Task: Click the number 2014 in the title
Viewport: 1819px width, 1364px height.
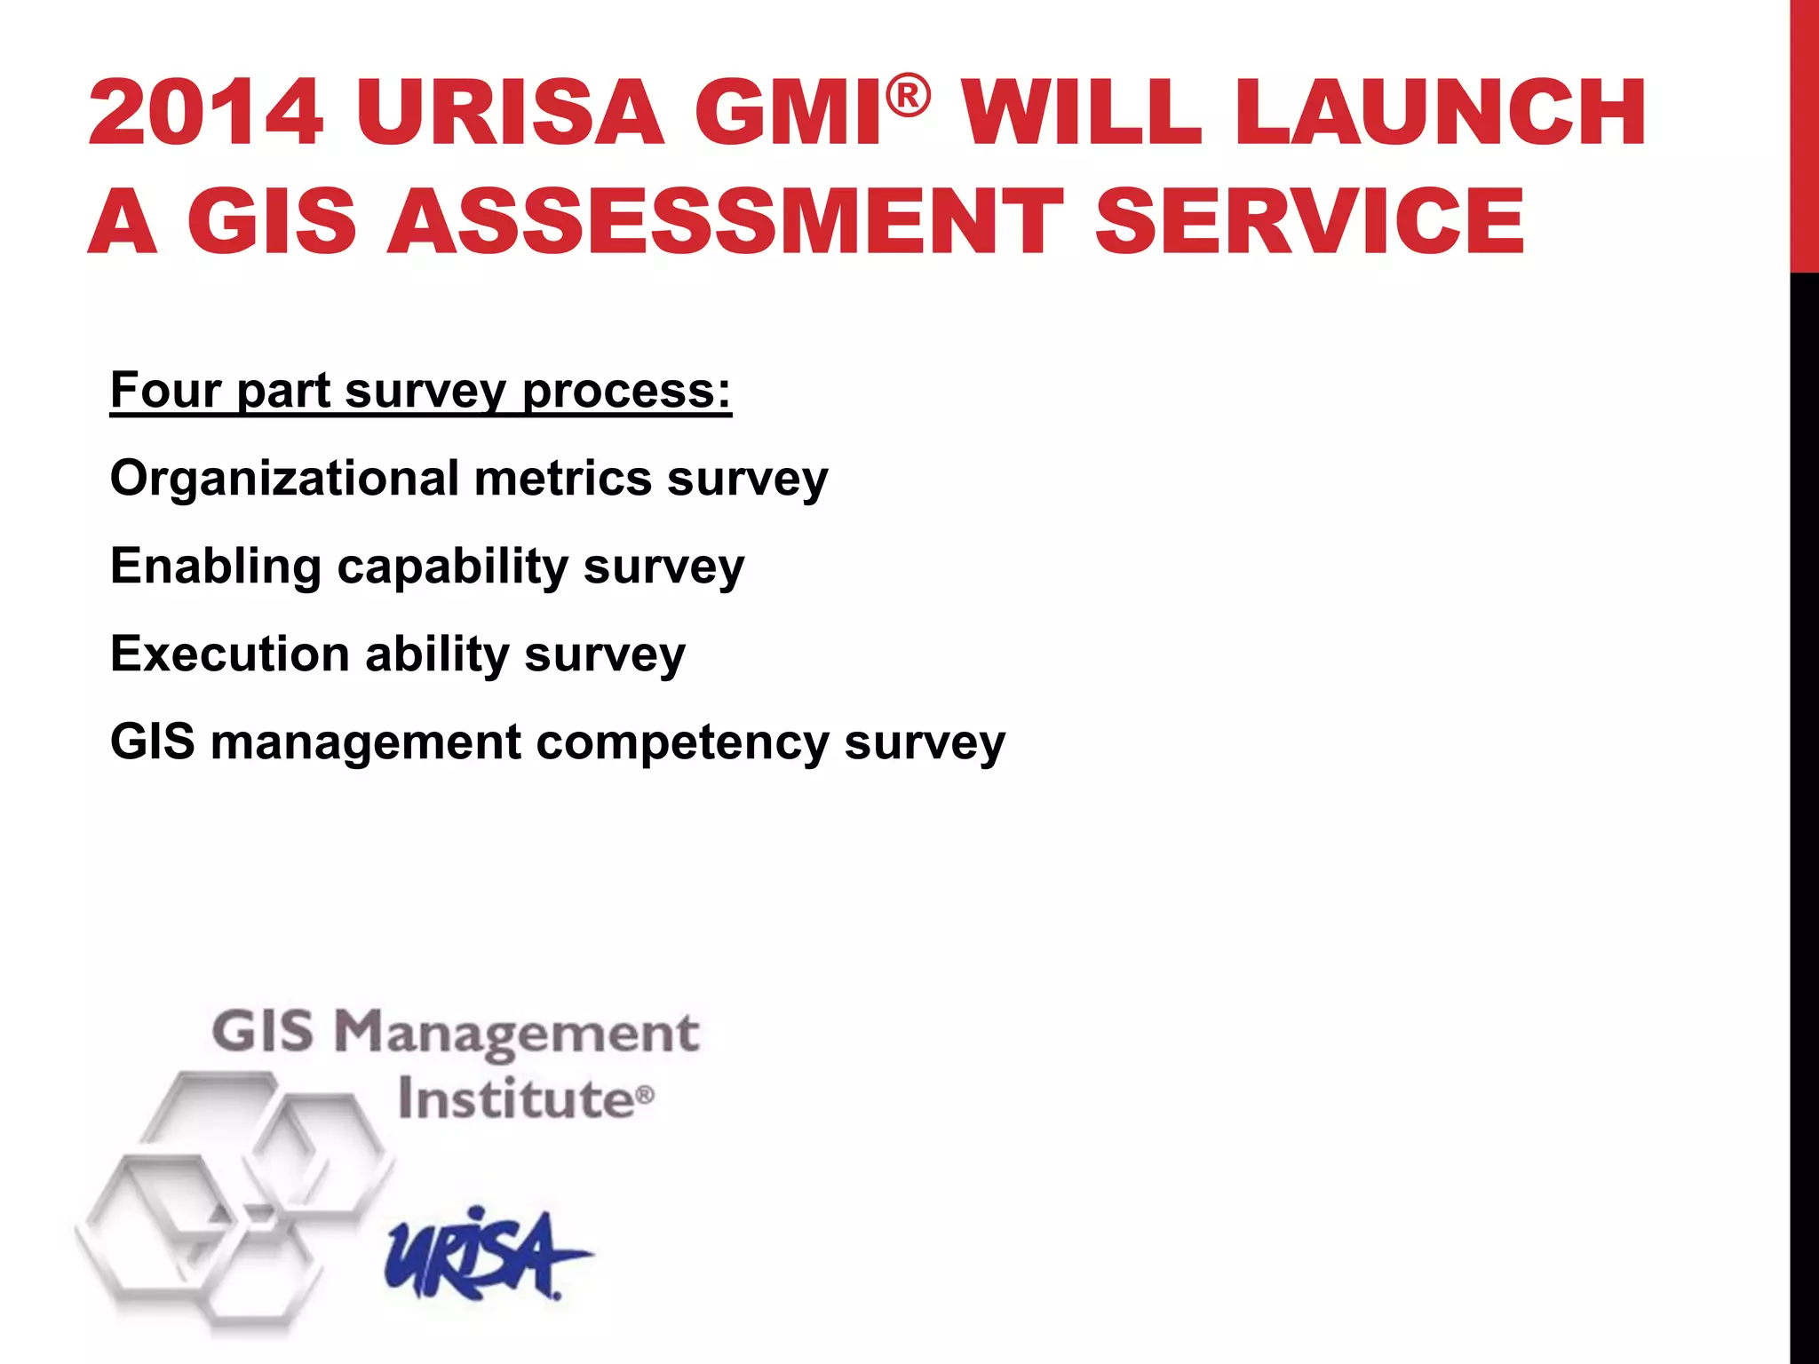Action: (x=205, y=113)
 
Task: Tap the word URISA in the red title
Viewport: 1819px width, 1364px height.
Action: (x=510, y=113)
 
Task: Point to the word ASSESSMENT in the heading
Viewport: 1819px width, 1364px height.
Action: (x=725, y=221)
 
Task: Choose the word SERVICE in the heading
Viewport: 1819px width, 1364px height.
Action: (x=1310, y=221)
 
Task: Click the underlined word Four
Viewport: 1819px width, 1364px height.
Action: (x=165, y=390)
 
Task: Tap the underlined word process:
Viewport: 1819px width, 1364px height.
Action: (x=626, y=392)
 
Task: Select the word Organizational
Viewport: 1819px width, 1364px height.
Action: (x=284, y=479)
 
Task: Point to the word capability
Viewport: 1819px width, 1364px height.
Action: (x=452, y=567)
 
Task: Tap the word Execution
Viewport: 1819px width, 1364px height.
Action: (x=230, y=654)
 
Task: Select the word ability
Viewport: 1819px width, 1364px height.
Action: (x=436, y=654)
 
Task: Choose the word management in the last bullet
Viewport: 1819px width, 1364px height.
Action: (x=366, y=742)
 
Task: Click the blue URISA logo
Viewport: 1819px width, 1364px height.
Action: (x=485, y=1253)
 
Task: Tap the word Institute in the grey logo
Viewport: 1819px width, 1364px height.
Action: (x=515, y=1099)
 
